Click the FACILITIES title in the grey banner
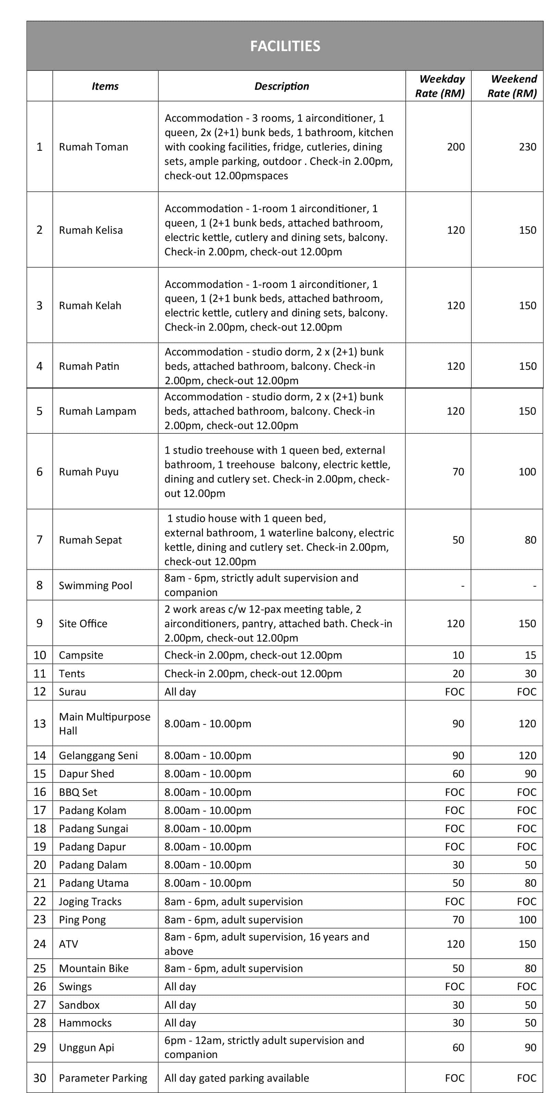285,46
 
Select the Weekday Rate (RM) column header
440,86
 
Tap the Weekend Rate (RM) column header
512,86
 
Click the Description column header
282,86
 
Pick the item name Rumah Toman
93,147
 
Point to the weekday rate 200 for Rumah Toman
456,147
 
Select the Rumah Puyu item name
89,472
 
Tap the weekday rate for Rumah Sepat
458,540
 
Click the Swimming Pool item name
96,585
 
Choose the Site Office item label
83,623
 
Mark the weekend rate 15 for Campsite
530,655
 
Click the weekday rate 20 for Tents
458,673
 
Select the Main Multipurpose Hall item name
104,724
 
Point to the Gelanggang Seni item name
98,755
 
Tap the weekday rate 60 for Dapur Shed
458,774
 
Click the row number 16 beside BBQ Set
39,792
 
